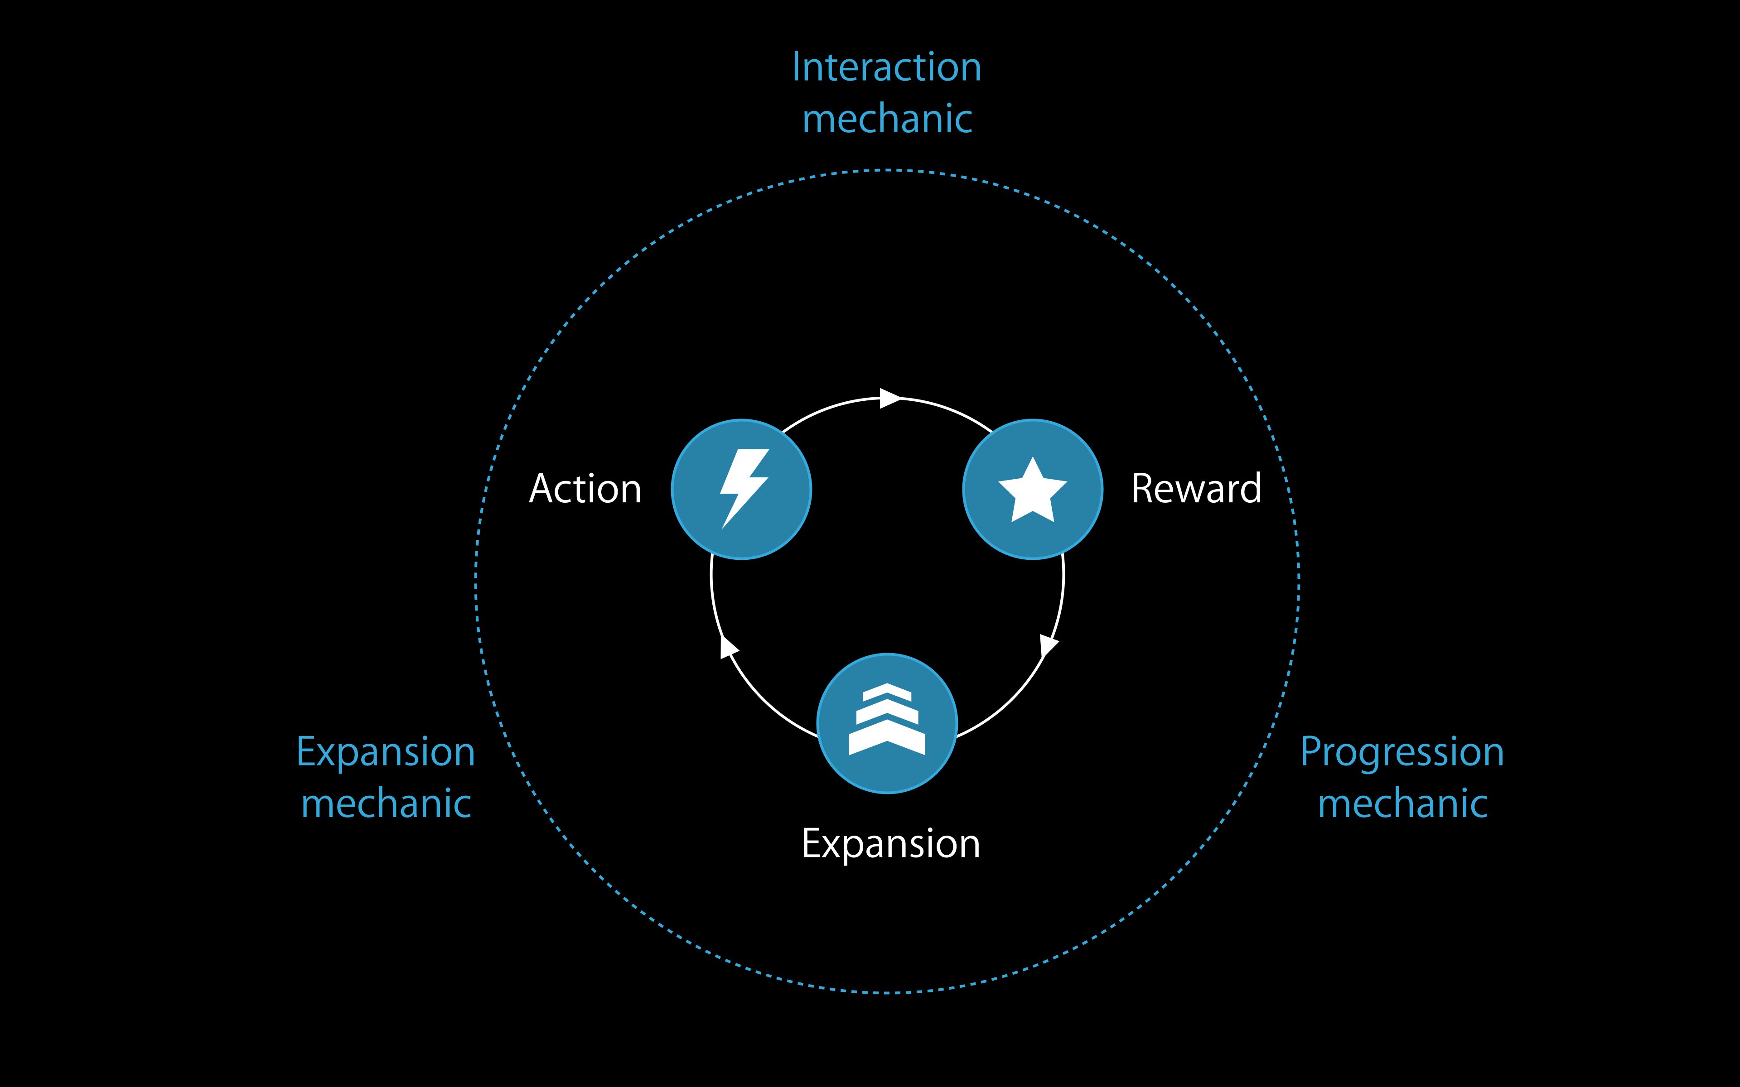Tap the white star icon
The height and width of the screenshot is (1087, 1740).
point(1033,491)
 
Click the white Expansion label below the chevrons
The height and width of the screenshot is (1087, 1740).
point(890,843)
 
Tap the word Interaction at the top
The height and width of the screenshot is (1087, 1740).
point(886,67)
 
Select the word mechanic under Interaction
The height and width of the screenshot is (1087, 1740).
point(886,119)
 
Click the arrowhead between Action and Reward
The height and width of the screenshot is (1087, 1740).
point(890,398)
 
